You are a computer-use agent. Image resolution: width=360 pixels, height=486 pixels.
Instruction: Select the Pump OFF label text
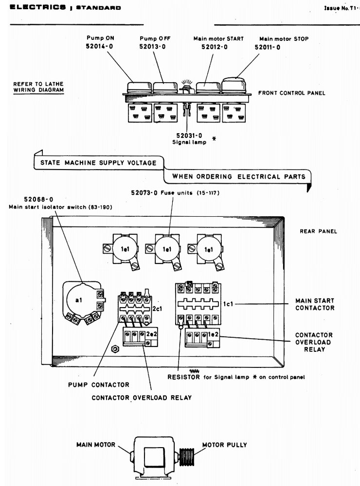point(152,38)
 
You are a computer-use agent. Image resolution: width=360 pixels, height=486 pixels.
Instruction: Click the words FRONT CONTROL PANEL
point(291,93)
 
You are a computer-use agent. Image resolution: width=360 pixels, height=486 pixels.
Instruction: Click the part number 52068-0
point(38,199)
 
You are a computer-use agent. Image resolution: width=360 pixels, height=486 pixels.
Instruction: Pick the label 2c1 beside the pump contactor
point(157,309)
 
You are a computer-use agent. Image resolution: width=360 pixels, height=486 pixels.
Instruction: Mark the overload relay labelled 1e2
point(199,336)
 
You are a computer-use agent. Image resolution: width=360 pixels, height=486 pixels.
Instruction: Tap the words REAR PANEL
point(318,231)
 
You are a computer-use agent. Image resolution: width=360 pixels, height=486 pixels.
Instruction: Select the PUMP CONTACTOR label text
point(99,385)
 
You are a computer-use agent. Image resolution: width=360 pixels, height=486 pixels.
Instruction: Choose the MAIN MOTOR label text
point(96,444)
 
